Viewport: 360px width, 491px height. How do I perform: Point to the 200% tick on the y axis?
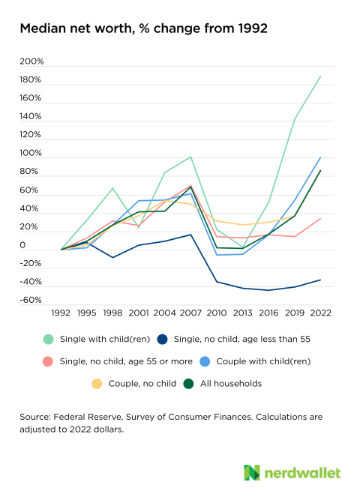point(31,61)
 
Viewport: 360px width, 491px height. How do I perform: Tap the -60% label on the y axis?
point(31,300)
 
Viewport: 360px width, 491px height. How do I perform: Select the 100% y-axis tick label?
point(31,153)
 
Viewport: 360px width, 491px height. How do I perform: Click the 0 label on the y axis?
point(22,245)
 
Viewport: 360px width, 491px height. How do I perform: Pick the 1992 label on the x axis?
point(61,313)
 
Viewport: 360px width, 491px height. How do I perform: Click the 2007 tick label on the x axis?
point(190,313)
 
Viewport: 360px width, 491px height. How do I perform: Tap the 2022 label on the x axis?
point(320,313)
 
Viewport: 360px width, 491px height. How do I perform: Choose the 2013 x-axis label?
point(242,313)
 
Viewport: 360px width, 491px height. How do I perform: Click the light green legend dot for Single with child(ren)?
point(49,339)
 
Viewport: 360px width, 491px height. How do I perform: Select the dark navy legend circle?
point(162,339)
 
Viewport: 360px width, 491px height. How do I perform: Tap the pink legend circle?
point(47,361)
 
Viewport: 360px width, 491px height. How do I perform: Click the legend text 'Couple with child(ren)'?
point(263,361)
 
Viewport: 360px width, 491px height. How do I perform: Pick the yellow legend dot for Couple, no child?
point(97,384)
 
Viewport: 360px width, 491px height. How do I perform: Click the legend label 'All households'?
point(231,384)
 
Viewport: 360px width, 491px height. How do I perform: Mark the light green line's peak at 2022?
point(320,76)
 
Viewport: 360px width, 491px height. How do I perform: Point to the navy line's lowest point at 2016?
point(268,290)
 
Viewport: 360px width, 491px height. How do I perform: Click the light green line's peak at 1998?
point(112,188)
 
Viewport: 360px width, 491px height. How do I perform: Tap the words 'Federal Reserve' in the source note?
point(88,417)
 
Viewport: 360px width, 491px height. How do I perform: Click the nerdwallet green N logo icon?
point(252,472)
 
